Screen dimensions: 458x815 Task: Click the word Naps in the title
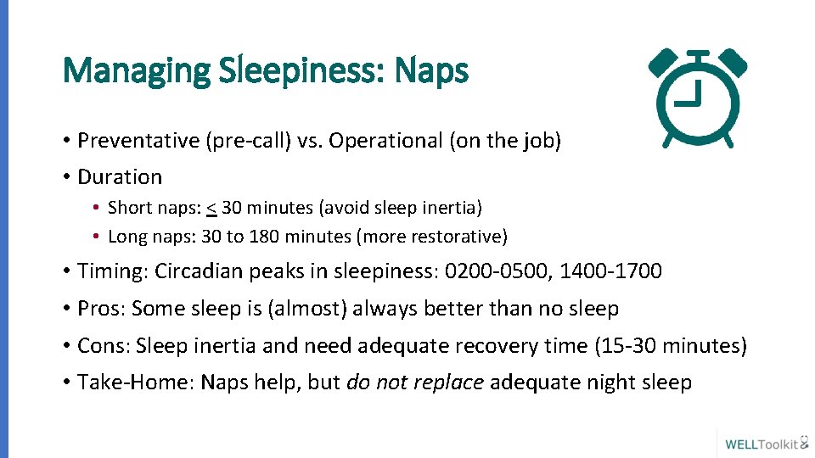(431, 71)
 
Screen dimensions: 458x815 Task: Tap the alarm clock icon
(698, 98)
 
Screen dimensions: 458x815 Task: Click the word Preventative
(138, 141)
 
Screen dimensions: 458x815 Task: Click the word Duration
(120, 177)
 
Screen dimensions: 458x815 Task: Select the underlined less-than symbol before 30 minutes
(210, 208)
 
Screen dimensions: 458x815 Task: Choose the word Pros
(100, 309)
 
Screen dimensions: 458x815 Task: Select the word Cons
(103, 346)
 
